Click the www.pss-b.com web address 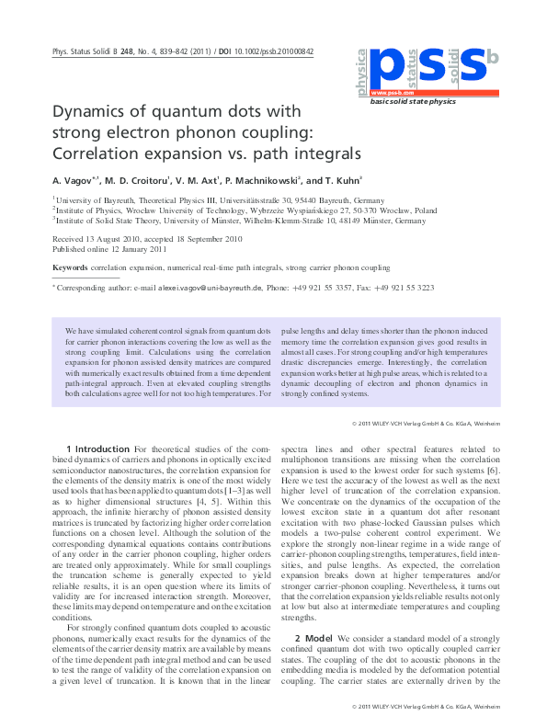(391, 93)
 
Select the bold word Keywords (70, 267)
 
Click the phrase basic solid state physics (413, 102)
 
